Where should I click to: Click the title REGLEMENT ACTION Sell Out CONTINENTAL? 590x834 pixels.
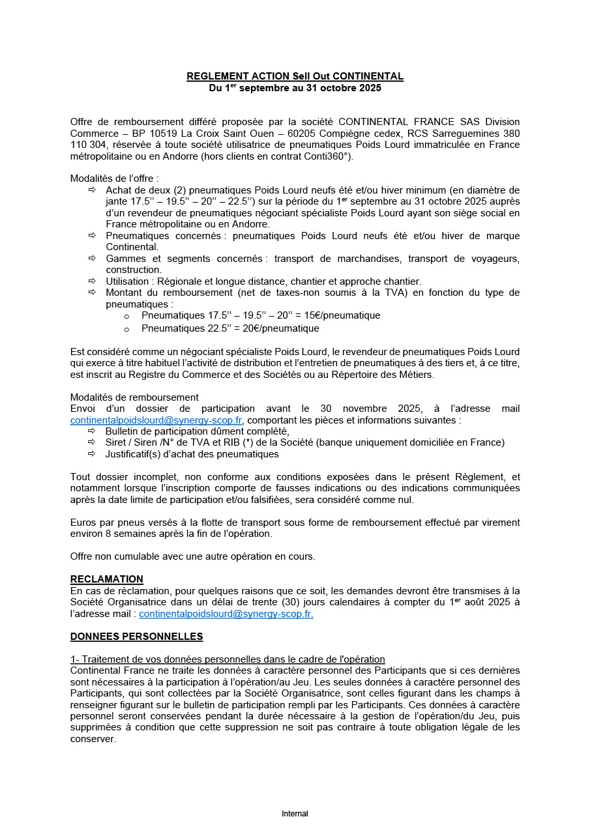(295, 76)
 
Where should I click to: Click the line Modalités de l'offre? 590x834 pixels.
(114, 179)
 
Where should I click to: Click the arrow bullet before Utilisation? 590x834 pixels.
(91, 281)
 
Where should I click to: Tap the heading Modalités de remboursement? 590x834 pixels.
(134, 397)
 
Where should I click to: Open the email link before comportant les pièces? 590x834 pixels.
(156, 420)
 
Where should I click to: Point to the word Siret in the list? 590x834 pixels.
(117, 442)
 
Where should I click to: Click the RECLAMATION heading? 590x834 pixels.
(106, 579)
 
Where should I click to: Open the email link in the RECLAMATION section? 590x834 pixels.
(226, 614)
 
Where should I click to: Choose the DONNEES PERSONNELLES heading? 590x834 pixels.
(136, 637)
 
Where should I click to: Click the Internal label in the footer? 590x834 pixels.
(295, 814)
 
